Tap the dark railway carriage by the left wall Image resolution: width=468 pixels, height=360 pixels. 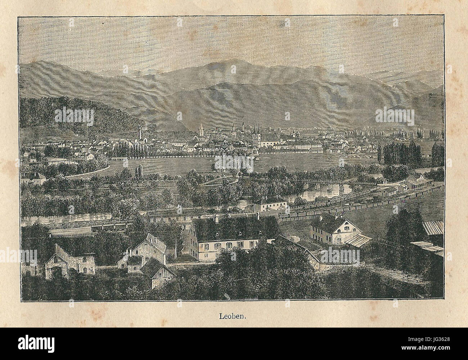tap(110, 227)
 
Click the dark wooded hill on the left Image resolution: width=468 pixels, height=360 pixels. tap(72, 115)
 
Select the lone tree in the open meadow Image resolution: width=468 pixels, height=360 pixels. tap(220, 165)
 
